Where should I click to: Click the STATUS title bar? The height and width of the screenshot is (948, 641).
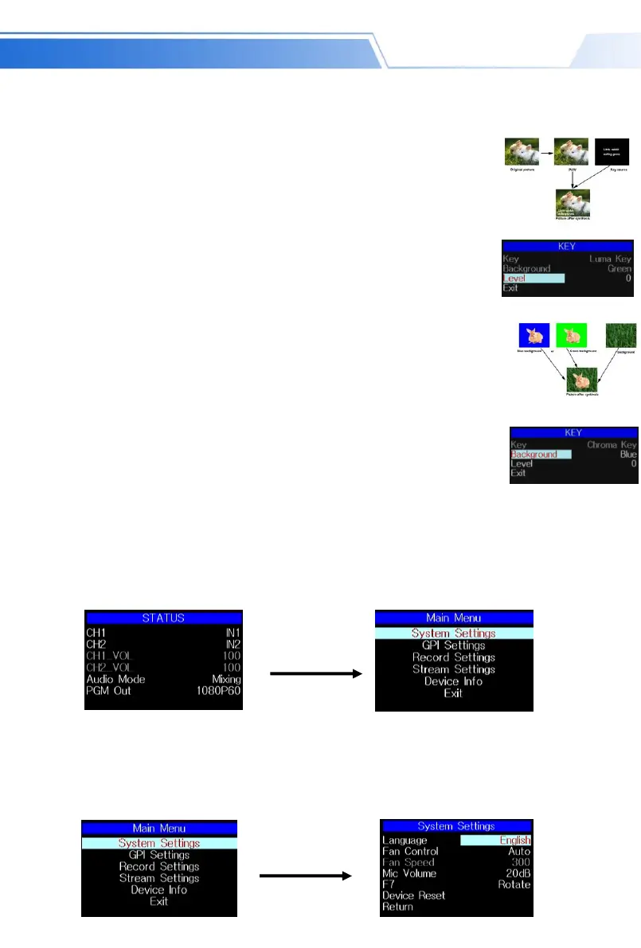coord(163,618)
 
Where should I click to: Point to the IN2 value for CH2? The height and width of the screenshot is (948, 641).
coord(230,644)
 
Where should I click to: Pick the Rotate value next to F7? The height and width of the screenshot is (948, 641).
coord(514,884)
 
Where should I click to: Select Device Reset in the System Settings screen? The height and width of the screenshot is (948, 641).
coord(413,895)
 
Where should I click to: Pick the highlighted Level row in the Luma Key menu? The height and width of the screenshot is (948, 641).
coord(533,279)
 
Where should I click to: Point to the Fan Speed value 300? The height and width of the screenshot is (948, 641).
coord(520,862)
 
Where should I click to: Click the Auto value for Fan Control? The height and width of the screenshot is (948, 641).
coord(519,851)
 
